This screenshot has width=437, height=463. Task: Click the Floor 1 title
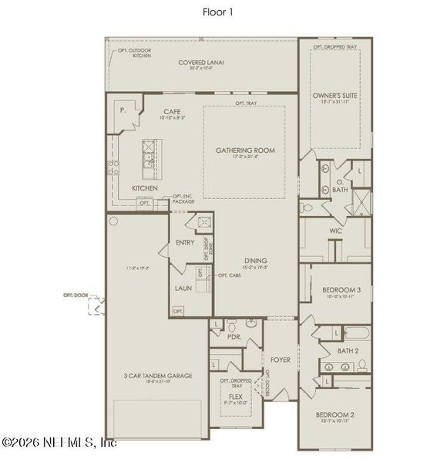click(217, 12)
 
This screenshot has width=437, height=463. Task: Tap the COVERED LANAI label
click(201, 63)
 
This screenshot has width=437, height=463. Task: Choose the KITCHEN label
click(145, 188)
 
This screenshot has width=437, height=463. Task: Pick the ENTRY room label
click(185, 242)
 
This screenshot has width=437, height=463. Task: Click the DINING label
click(256, 261)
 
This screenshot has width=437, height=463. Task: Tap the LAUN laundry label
click(183, 287)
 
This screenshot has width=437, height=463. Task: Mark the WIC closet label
click(335, 231)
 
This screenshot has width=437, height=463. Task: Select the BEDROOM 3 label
click(341, 289)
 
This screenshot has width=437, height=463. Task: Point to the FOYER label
click(280, 360)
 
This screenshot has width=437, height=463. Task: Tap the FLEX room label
click(236, 397)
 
